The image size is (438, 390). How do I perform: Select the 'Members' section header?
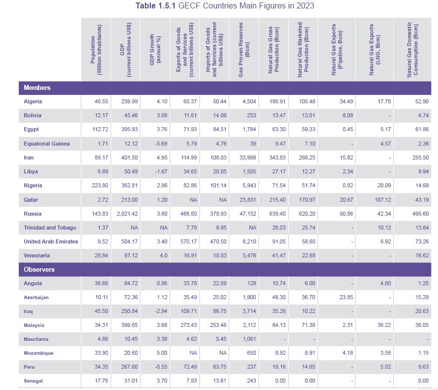[x=37, y=87]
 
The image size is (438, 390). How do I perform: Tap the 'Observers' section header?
[x=39, y=269]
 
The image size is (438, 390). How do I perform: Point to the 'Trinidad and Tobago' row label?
[x=50, y=228]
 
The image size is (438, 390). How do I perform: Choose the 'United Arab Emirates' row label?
[x=51, y=241]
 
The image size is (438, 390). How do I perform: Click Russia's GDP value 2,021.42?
[x=126, y=214]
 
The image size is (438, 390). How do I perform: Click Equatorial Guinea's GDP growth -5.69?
[x=155, y=144]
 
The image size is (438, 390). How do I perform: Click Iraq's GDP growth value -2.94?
[x=155, y=311]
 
